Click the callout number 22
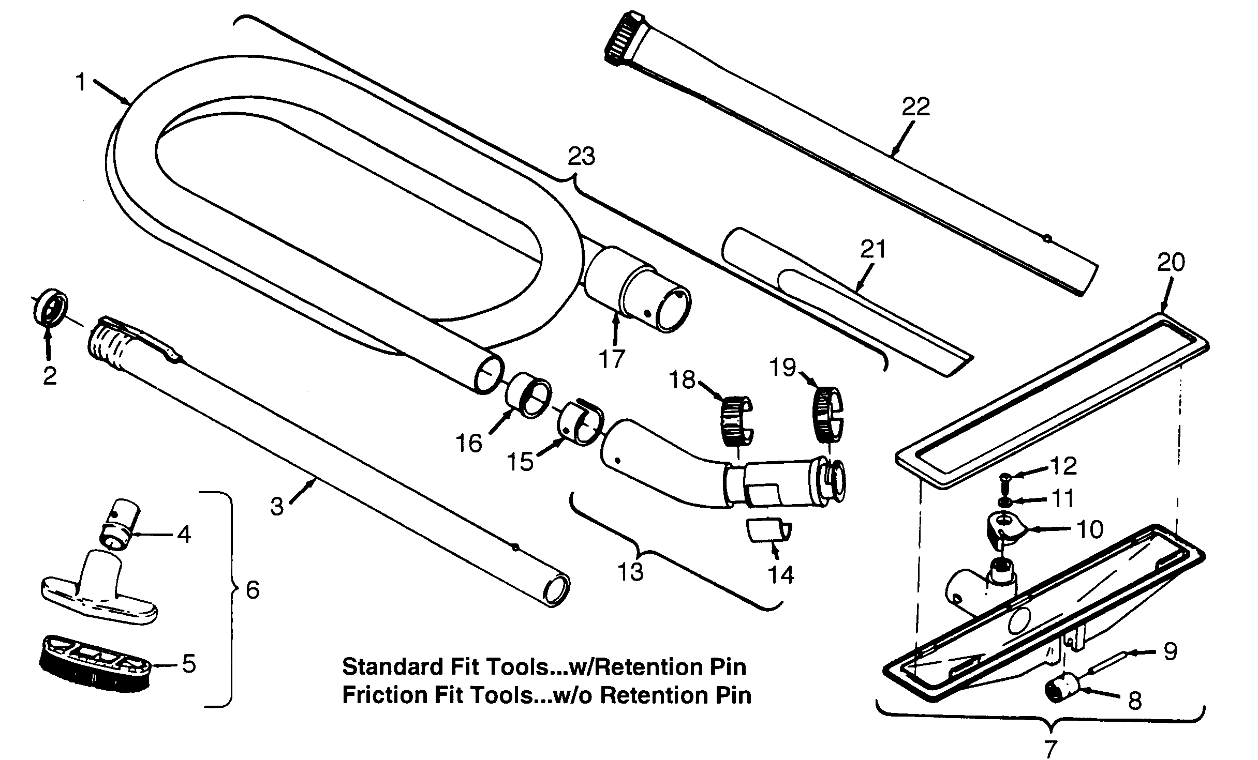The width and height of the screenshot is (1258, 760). (x=915, y=108)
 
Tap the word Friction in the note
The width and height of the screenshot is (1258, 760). (x=382, y=695)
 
